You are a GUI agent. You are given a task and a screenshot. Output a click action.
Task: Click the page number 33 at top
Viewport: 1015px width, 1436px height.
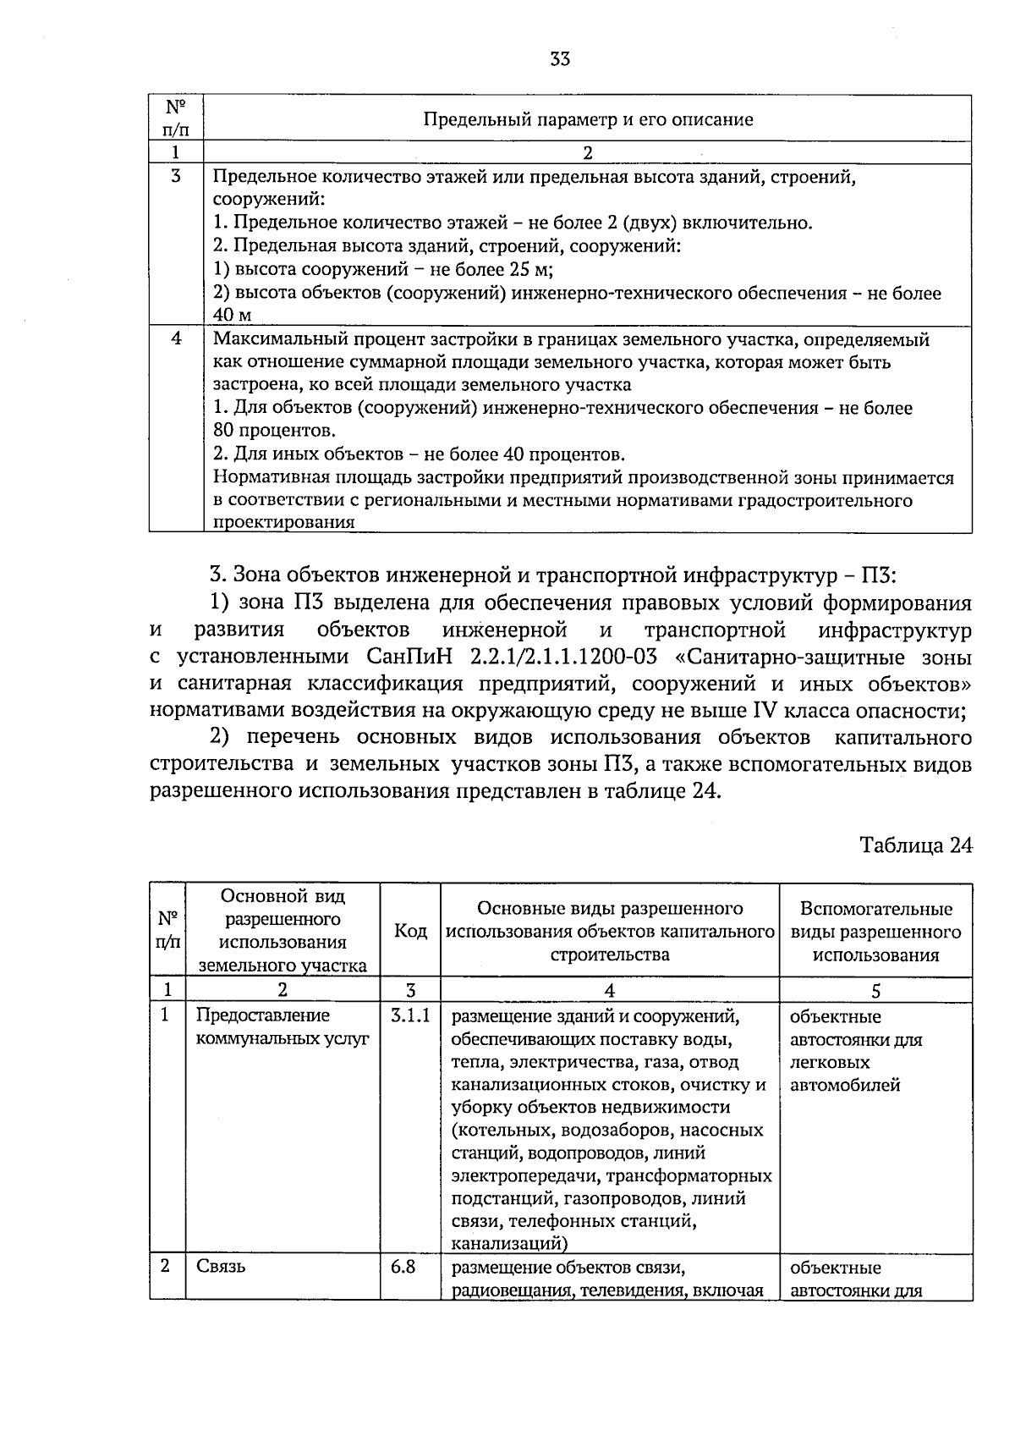click(x=559, y=58)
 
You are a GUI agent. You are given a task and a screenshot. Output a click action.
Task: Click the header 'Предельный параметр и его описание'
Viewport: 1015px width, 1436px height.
click(x=588, y=119)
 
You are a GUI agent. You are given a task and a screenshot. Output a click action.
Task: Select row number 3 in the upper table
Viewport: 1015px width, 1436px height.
click(x=176, y=177)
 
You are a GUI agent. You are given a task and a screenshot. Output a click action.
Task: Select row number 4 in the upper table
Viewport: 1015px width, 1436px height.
click(x=176, y=338)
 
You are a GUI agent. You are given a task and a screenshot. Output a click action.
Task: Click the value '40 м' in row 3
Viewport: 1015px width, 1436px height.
click(x=233, y=315)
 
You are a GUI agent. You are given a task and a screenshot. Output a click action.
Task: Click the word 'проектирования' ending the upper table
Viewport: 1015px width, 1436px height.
click(x=283, y=522)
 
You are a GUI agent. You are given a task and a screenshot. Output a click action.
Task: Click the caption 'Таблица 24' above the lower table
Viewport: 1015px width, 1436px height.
click(x=915, y=845)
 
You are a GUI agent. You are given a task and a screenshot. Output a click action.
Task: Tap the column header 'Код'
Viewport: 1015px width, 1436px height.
click(x=410, y=931)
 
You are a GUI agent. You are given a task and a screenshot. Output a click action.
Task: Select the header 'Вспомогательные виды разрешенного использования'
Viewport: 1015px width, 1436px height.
click(x=875, y=931)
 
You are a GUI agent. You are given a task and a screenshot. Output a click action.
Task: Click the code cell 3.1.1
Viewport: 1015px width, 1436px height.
click(x=410, y=1015)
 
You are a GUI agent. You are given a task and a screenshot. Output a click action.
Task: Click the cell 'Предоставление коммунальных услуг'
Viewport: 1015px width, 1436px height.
click(x=282, y=1026)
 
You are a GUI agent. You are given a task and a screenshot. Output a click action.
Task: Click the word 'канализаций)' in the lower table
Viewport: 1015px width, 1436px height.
click(x=508, y=1244)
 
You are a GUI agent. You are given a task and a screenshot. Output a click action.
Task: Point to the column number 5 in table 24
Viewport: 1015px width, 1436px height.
click(x=875, y=990)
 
